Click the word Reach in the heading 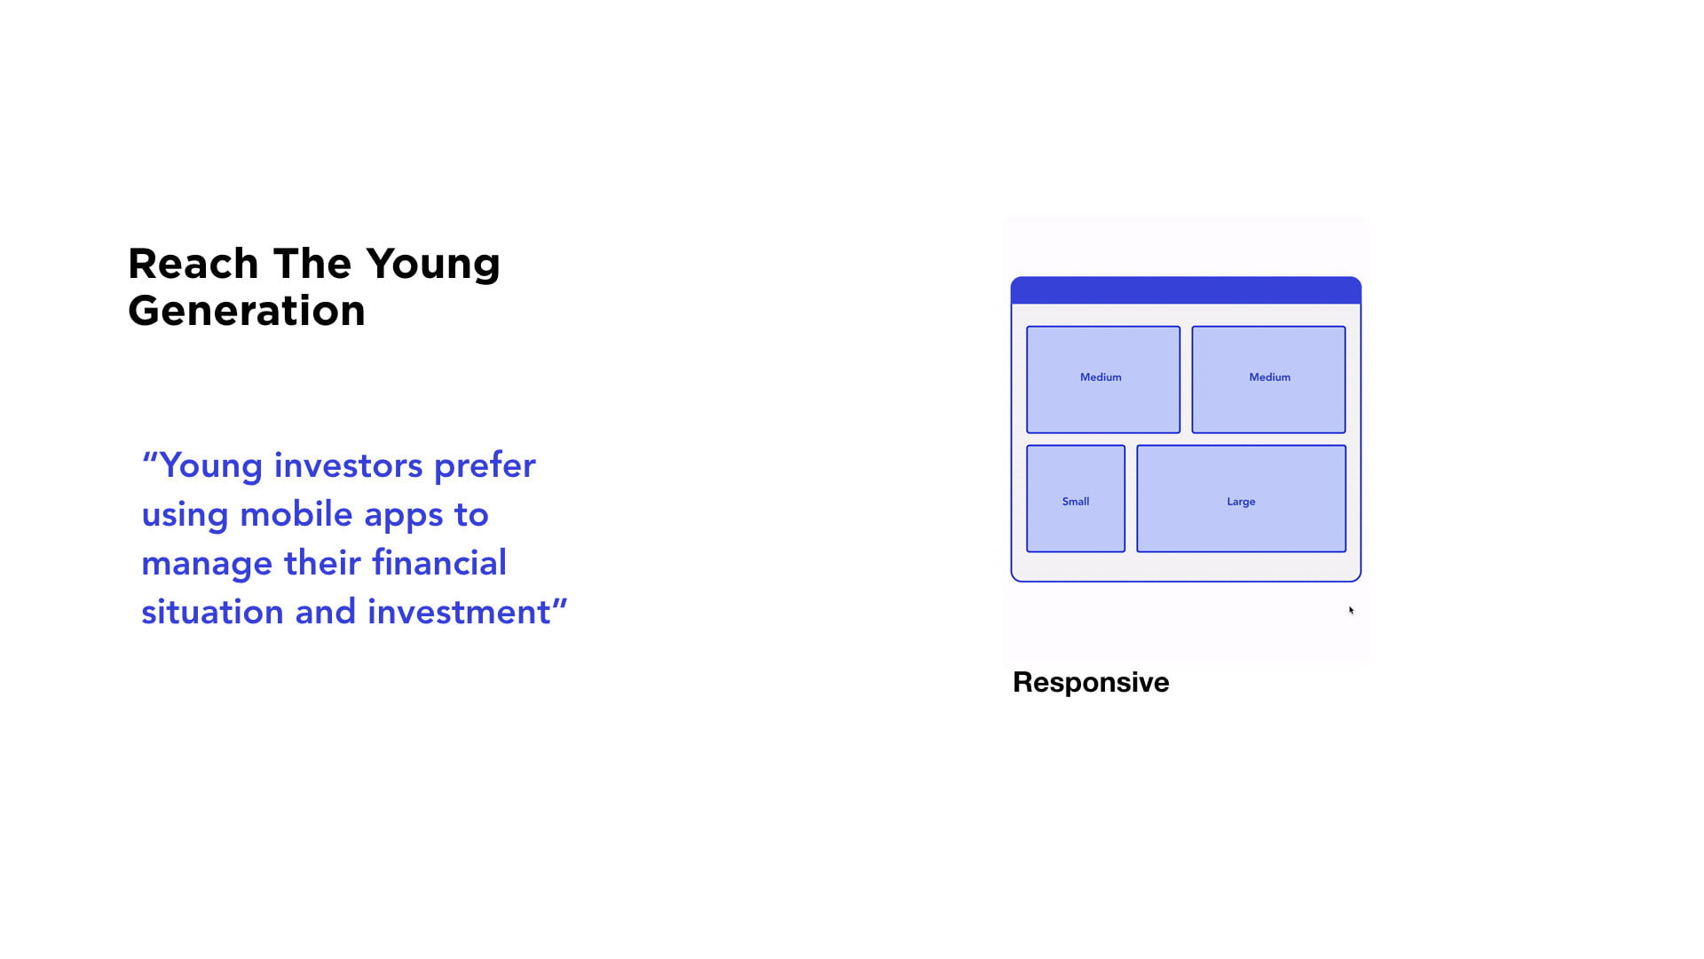pyautogui.click(x=193, y=264)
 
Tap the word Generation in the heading pyautogui.click(x=247, y=311)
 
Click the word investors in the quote pyautogui.click(x=348, y=465)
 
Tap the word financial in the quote pyautogui.click(x=439, y=563)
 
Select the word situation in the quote pyautogui.click(x=212, y=612)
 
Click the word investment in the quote pyautogui.click(x=459, y=612)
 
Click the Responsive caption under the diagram pyautogui.click(x=1091, y=683)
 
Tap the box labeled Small pyautogui.click(x=1076, y=499)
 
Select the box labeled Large pyautogui.click(x=1241, y=499)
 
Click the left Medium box pyautogui.click(x=1103, y=380)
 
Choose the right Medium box pyautogui.click(x=1268, y=380)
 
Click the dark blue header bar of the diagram pyautogui.click(x=1186, y=290)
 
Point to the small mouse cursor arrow pyautogui.click(x=1351, y=610)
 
